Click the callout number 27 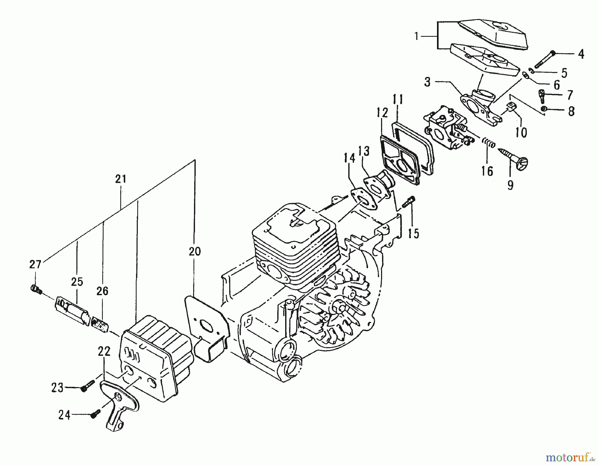tap(35, 265)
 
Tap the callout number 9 tap(510, 185)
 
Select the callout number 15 tap(414, 233)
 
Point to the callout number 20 tap(195, 251)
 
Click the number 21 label tap(121, 179)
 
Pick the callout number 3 tap(428, 82)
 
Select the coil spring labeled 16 tap(489, 143)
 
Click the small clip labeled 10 tap(510, 107)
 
